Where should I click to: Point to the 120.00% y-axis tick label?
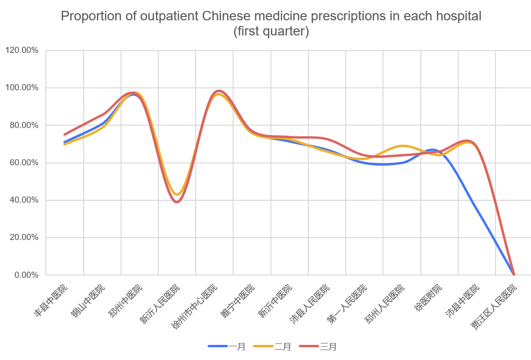pos(22,50)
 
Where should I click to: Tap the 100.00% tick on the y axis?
pos(22,88)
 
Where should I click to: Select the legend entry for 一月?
pos(227,346)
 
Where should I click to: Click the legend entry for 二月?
pos(272,346)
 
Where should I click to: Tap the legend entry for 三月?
pos(318,346)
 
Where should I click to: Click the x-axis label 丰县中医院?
pos(51,300)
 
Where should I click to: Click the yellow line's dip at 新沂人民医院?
pos(177,194)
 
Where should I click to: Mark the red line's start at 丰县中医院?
pos(65,135)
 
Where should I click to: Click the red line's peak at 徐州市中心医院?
pos(218,91)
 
